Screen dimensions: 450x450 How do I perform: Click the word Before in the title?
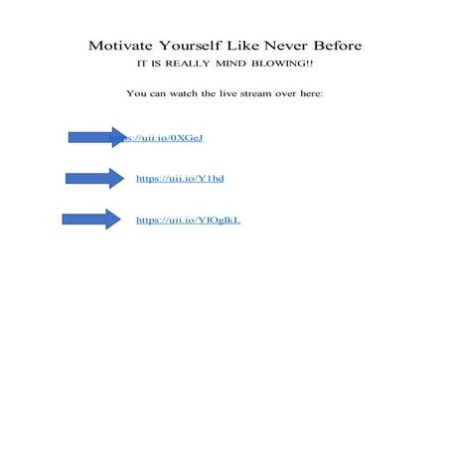[x=341, y=46]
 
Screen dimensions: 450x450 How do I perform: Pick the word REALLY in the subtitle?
[x=194, y=64]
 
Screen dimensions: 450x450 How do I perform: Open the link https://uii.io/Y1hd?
[x=173, y=179]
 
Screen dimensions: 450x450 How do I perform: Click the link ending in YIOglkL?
[x=188, y=221]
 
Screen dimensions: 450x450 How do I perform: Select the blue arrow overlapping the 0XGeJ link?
[x=94, y=137]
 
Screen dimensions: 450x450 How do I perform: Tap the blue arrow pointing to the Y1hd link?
[x=92, y=178]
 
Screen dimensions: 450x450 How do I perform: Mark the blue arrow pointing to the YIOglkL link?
[x=89, y=220]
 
